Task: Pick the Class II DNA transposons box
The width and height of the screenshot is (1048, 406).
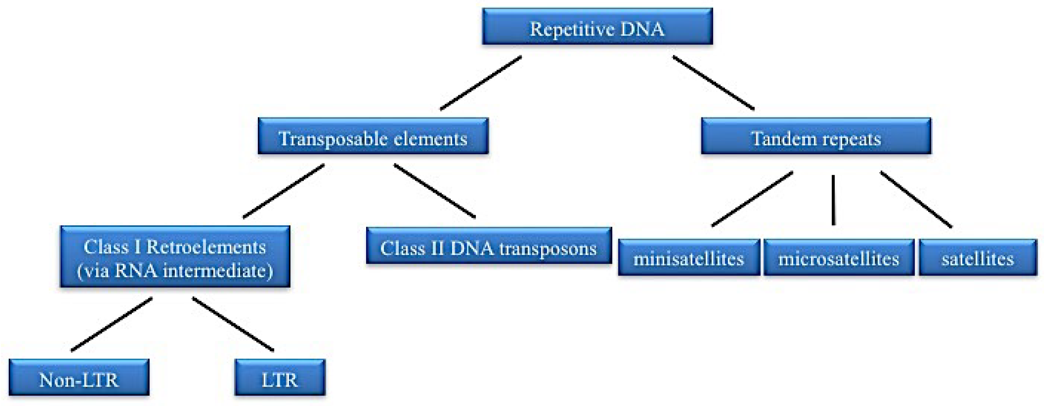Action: (489, 246)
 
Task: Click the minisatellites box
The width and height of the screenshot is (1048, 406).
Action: (689, 258)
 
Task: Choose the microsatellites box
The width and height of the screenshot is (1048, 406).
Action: (838, 258)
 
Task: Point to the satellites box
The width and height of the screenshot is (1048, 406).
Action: (977, 258)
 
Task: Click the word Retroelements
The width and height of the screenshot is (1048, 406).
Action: (206, 247)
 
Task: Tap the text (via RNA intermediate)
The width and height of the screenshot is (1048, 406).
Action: (175, 271)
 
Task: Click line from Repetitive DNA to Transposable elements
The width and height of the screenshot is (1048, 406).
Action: (481, 83)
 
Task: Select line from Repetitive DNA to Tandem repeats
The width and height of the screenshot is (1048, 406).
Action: (713, 83)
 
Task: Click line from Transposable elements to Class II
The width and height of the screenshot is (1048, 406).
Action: (434, 191)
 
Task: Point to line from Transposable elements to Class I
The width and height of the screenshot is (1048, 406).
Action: (283, 191)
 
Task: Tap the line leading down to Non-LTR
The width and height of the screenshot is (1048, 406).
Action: (111, 324)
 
